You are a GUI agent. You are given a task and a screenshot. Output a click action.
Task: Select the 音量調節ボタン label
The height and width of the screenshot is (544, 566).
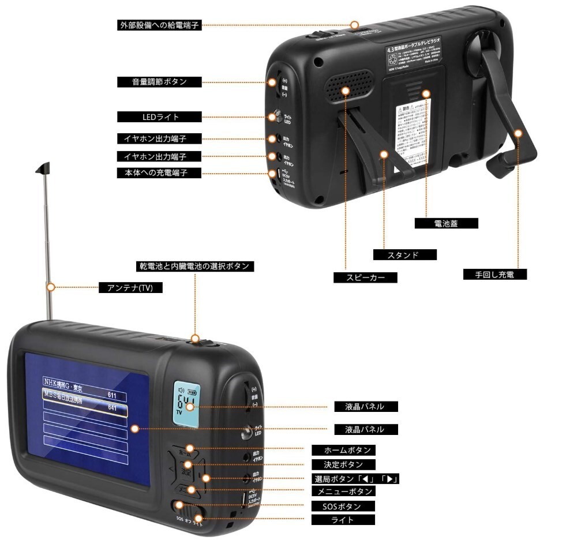(x=160, y=81)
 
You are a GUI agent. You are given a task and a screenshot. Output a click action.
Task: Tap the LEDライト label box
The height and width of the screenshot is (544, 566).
(x=160, y=117)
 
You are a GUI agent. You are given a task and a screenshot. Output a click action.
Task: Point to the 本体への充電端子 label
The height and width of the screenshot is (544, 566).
(x=160, y=172)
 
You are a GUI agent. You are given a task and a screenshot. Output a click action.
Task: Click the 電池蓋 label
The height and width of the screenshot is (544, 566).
(x=446, y=223)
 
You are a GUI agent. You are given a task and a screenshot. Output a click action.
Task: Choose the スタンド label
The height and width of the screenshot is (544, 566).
(x=404, y=254)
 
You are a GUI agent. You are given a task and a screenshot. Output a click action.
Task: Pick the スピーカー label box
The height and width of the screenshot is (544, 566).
(x=366, y=277)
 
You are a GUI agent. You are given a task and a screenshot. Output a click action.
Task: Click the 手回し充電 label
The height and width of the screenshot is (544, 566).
(x=496, y=275)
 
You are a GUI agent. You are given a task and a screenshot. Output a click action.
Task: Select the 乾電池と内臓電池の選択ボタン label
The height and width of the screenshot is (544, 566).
(x=194, y=267)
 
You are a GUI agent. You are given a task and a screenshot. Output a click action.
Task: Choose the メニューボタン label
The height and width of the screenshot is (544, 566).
(x=343, y=492)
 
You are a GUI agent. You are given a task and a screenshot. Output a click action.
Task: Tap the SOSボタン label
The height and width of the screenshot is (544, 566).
(x=343, y=506)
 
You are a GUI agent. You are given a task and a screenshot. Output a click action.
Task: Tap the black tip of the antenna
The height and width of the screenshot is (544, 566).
(x=44, y=168)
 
